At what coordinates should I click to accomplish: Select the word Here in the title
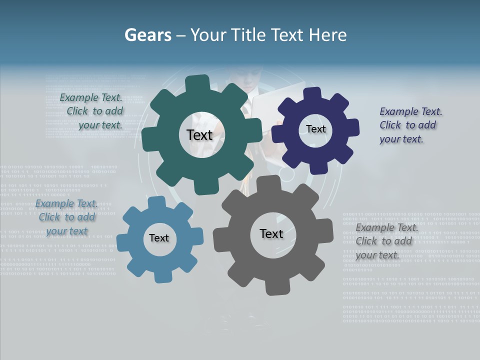[x=328, y=35]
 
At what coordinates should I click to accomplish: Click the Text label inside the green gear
[x=199, y=135]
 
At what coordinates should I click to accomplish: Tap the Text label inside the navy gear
[x=315, y=129]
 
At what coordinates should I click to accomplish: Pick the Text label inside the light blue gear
[x=159, y=238]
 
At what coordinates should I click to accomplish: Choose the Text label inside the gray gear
[x=271, y=233]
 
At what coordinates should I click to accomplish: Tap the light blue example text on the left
[x=67, y=217]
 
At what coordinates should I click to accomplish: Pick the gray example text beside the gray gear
[x=385, y=241]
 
